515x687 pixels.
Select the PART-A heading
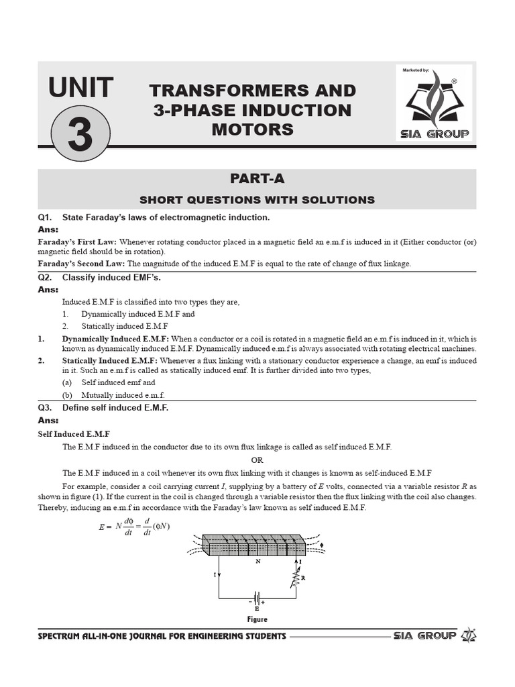pyautogui.click(x=257, y=178)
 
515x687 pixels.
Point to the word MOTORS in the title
pyautogui.click(x=252, y=129)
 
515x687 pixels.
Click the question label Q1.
pyautogui.click(x=46, y=217)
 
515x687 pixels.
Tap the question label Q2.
pyautogui.click(x=46, y=277)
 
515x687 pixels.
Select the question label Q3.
pyautogui.click(x=46, y=407)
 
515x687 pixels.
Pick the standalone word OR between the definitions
pyautogui.click(x=257, y=460)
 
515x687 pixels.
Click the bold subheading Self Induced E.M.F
pyautogui.click(x=74, y=434)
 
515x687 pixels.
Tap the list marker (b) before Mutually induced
pyautogui.click(x=68, y=395)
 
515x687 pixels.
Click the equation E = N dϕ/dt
pyautogui.click(x=134, y=526)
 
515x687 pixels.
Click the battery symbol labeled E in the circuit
pyautogui.click(x=256, y=597)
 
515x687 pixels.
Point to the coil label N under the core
pyautogui.click(x=257, y=562)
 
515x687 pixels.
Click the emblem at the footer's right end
pyautogui.click(x=470, y=635)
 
